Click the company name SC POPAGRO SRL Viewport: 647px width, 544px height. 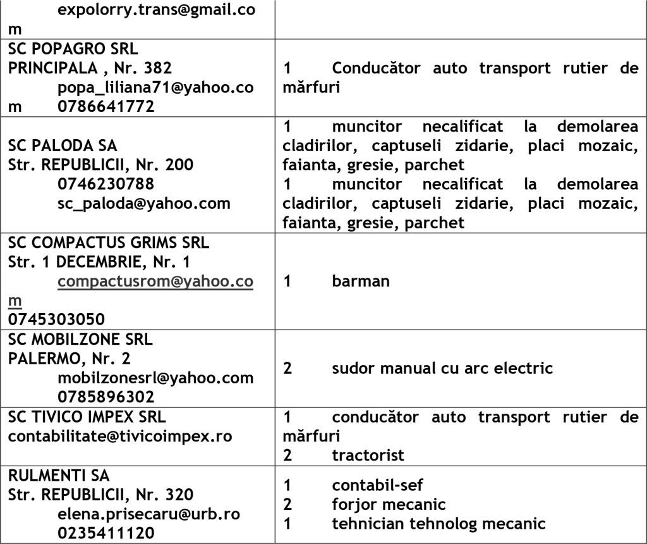click(x=73, y=49)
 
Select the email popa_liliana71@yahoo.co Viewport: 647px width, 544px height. click(x=155, y=87)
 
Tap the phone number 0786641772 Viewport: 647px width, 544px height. click(x=106, y=106)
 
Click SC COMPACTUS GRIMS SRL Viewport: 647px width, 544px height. click(x=109, y=242)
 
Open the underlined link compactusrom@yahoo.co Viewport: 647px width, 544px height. click(x=155, y=281)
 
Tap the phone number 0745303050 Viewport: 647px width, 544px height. click(x=57, y=319)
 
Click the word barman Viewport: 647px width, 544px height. click(x=361, y=281)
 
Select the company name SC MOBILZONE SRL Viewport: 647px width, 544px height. click(x=80, y=340)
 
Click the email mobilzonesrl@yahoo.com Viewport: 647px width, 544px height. click(x=155, y=378)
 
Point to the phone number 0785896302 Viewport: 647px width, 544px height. click(x=106, y=397)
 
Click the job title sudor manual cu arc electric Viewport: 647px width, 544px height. click(x=442, y=368)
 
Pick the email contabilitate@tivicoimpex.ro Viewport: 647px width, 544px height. click(x=120, y=436)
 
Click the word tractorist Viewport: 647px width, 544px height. click(x=368, y=455)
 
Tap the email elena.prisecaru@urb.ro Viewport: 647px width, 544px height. click(x=148, y=514)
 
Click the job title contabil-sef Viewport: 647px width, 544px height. click(x=377, y=485)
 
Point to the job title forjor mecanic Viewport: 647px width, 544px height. click(x=389, y=504)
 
